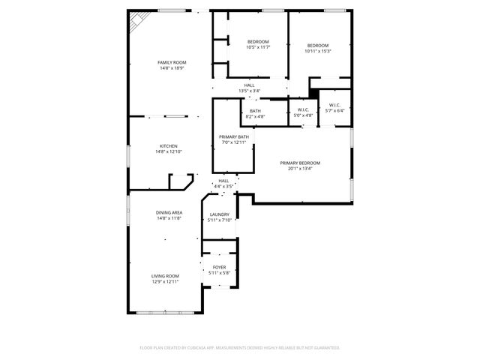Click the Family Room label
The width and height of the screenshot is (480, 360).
172,62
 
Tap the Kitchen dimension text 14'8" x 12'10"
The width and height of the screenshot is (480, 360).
168,151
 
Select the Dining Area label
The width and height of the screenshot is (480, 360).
169,212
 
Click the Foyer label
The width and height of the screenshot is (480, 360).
219,267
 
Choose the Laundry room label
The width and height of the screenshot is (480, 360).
219,214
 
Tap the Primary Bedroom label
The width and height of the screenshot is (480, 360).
300,163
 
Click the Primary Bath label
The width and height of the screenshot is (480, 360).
233,136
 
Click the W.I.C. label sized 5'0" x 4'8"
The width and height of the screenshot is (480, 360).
303,109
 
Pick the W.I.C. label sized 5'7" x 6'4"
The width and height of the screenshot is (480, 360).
335,105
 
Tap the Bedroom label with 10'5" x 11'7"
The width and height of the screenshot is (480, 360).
258,41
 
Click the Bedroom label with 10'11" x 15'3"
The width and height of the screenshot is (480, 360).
318,46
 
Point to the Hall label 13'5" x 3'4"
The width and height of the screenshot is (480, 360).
249,85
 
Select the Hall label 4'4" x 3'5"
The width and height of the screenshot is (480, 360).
223,181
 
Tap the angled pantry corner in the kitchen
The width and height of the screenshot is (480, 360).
181,182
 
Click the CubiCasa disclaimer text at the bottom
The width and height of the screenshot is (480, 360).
240,348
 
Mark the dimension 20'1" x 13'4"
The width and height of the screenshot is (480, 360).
300,169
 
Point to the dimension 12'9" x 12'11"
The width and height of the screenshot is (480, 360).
165,281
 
